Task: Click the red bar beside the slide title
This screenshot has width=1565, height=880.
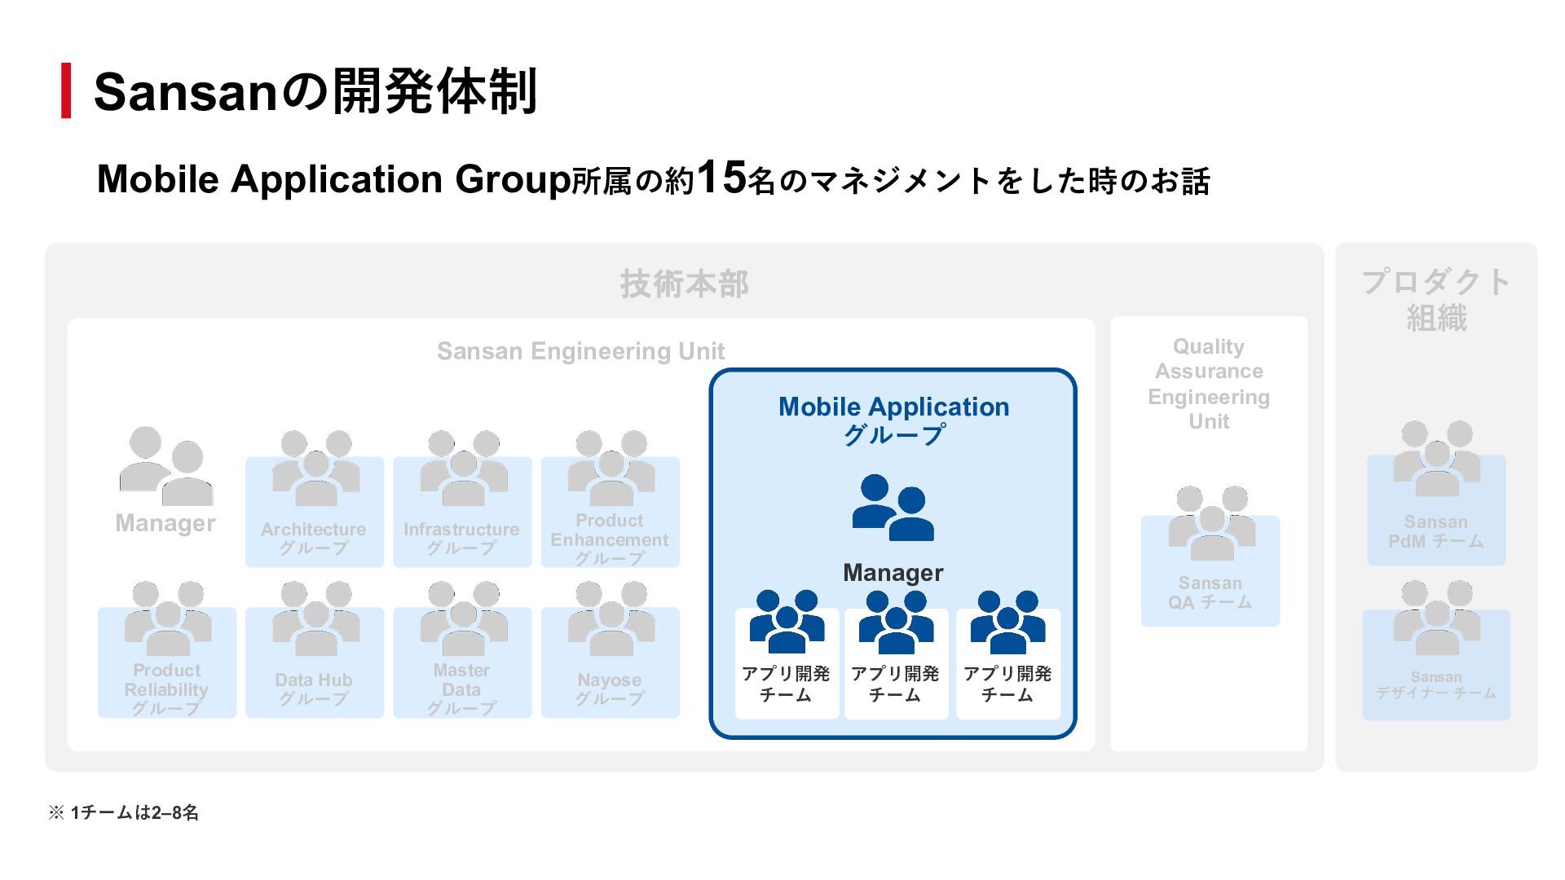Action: point(66,90)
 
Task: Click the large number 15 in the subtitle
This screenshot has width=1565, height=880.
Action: point(721,177)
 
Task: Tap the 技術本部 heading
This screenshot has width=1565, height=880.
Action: point(684,284)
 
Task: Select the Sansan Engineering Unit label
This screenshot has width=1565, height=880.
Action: point(580,351)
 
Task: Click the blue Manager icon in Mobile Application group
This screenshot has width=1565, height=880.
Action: point(893,508)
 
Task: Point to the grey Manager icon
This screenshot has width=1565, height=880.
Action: point(166,465)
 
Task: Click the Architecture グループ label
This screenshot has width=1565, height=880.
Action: point(314,539)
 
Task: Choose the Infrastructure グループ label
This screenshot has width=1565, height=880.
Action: point(461,539)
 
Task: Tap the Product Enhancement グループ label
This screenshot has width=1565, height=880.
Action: point(609,539)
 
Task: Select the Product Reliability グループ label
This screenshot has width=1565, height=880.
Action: point(166,689)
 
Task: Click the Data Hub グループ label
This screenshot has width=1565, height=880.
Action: point(314,689)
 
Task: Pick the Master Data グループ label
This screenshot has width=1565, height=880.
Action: point(461,689)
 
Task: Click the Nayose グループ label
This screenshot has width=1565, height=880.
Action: point(609,689)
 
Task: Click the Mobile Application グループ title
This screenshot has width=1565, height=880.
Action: point(893,420)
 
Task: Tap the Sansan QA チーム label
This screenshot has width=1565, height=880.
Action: point(1210,592)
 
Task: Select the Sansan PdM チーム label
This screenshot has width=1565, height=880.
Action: point(1435,531)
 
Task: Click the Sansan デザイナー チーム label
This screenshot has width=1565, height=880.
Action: point(1435,684)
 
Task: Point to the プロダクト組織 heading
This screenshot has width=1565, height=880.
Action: point(1435,300)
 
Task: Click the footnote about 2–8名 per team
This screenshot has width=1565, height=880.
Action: point(124,812)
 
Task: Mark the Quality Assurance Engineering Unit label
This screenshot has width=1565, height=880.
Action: point(1209,384)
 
